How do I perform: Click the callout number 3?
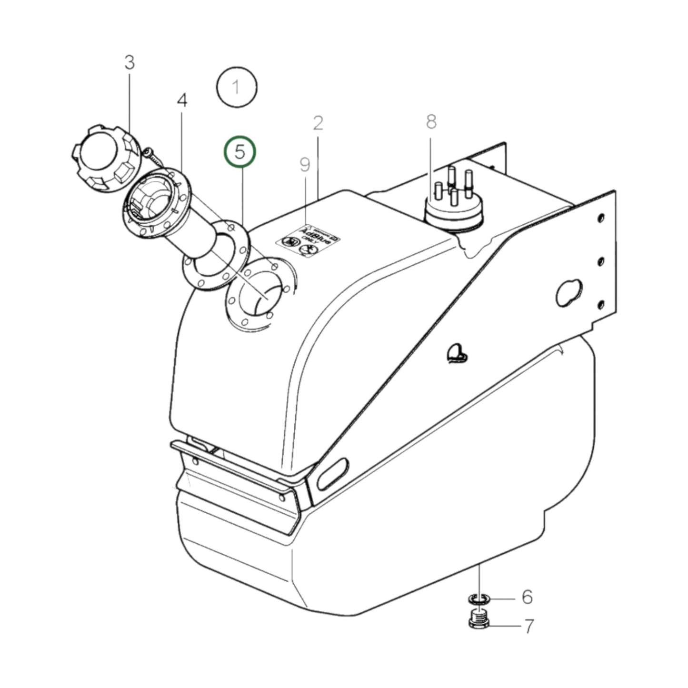(130, 63)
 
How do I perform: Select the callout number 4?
(182, 100)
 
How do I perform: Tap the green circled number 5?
(240, 152)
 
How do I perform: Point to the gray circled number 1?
(237, 88)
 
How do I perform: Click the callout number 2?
(318, 123)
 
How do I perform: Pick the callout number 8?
(431, 122)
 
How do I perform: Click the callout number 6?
(527, 597)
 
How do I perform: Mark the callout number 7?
(528, 626)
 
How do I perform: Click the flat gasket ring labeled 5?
(217, 255)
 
